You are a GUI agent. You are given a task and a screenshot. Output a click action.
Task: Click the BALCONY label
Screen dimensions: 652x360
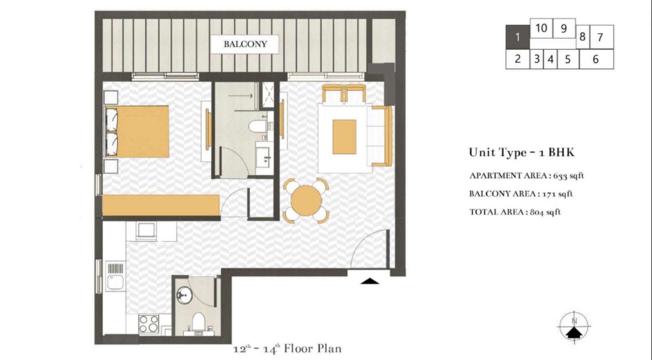click(x=244, y=44)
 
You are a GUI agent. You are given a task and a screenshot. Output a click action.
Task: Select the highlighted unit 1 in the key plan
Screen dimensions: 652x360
click(x=517, y=37)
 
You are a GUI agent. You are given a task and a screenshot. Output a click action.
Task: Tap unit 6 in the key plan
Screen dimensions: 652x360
click(x=596, y=59)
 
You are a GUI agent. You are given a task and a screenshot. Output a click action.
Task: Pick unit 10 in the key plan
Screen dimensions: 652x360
click(x=541, y=28)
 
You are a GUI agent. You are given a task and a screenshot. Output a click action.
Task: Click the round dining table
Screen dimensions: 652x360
click(x=306, y=200)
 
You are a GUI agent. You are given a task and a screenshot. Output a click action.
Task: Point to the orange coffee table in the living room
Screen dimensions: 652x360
click(x=344, y=136)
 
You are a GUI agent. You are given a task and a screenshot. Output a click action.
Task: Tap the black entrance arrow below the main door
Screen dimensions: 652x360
click(x=370, y=281)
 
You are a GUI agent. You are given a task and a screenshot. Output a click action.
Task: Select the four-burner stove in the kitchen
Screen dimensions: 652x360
click(x=148, y=324)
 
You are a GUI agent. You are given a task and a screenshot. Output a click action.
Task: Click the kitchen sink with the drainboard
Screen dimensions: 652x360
click(x=115, y=277)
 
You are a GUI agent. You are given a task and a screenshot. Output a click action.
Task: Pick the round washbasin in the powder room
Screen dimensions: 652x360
click(x=185, y=295)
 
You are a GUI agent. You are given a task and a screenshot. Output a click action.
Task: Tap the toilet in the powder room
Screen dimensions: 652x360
click(x=198, y=322)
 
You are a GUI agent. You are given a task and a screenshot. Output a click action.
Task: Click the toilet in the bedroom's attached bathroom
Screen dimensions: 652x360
click(x=257, y=126)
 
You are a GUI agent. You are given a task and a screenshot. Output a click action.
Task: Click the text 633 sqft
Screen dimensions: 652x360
click(x=568, y=176)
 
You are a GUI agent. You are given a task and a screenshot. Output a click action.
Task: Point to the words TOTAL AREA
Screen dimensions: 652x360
click(x=496, y=212)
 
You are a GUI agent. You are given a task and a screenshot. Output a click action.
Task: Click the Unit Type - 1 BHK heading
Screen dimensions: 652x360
click(x=522, y=152)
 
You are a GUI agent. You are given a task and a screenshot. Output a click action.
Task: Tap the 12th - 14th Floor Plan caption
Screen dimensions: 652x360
click(x=287, y=349)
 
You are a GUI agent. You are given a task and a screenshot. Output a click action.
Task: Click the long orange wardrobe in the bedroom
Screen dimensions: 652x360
click(x=161, y=205)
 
